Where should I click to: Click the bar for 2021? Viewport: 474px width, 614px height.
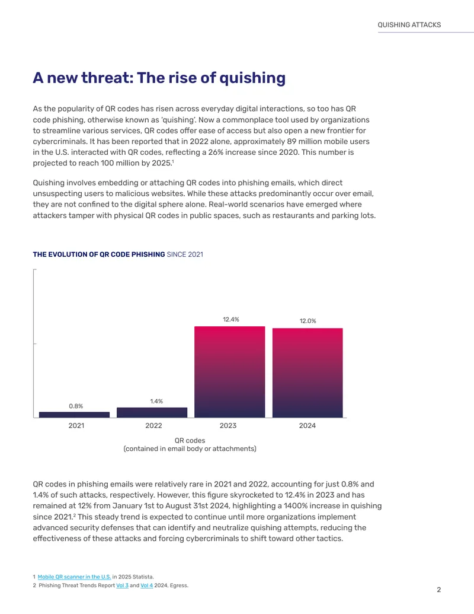click(74, 415)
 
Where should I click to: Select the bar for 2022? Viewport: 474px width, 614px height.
click(152, 412)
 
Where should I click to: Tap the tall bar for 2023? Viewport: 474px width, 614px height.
click(229, 372)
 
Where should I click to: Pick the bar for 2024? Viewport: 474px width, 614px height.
click(308, 373)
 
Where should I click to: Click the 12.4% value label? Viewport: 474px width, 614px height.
click(231, 320)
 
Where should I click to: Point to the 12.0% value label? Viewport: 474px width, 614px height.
click(308, 321)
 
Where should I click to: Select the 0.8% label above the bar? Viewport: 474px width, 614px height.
click(76, 406)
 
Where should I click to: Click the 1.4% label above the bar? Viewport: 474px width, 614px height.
click(156, 402)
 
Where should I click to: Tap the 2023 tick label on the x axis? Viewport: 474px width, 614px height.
click(228, 426)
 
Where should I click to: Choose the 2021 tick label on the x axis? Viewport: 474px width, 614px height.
click(76, 426)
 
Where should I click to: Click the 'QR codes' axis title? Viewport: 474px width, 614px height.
click(190, 441)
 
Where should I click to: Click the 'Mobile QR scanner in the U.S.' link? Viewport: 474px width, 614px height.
click(74, 577)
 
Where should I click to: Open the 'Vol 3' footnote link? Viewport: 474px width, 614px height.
click(123, 586)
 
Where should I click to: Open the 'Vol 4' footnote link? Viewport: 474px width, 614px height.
click(147, 586)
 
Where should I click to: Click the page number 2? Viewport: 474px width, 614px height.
click(439, 590)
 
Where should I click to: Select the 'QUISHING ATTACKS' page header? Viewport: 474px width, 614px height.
click(409, 25)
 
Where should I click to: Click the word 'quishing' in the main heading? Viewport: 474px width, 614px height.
click(252, 78)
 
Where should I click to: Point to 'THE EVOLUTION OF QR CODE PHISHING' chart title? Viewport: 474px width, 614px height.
click(99, 254)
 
